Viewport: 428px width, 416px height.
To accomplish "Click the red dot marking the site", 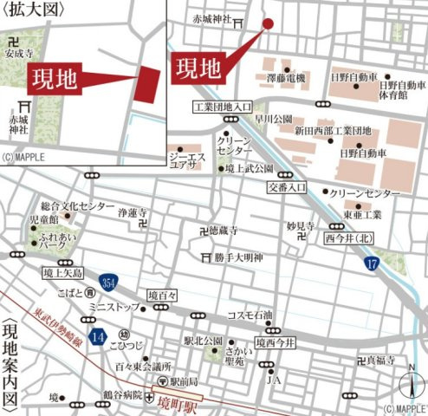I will click(x=268, y=23).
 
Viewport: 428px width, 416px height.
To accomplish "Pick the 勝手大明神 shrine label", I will click(x=243, y=257).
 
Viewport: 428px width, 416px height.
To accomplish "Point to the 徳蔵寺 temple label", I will click(x=221, y=231).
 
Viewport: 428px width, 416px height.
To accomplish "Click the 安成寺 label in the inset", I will click(x=19, y=53).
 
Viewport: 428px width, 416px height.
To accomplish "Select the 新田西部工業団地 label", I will click(x=333, y=131).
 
